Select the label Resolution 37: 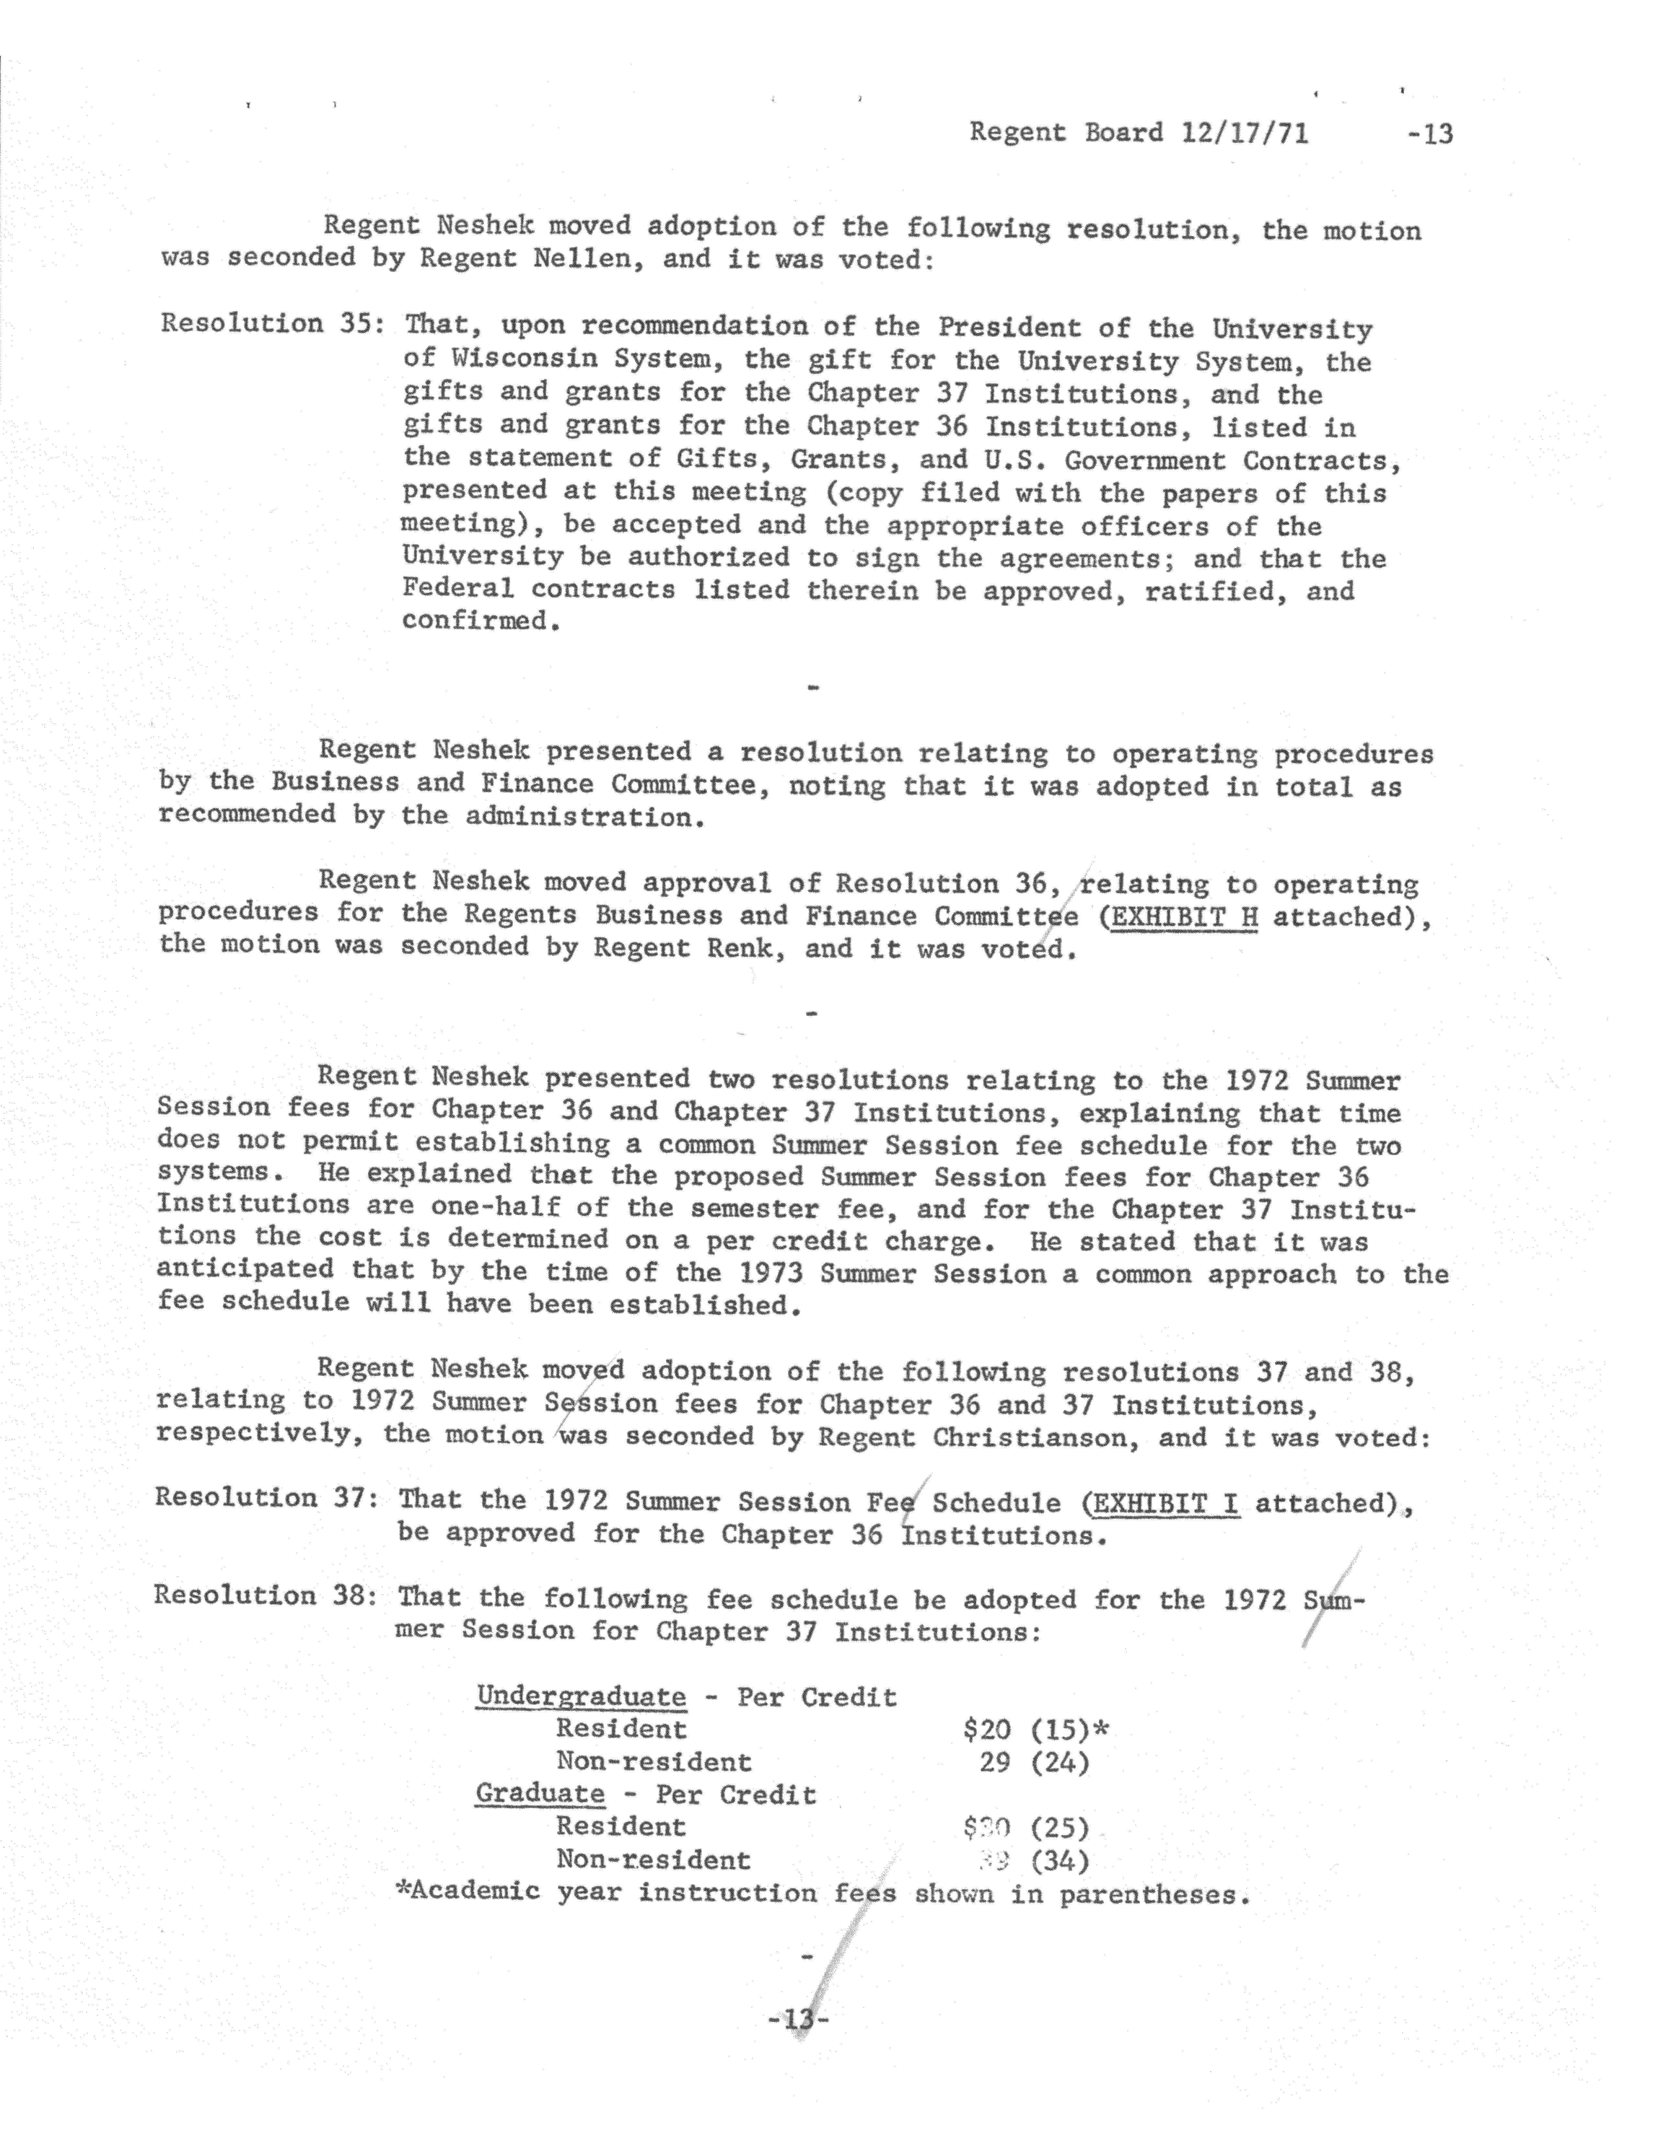pyautogui.click(x=259, y=1498)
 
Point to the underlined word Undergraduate pyautogui.click(x=581, y=1696)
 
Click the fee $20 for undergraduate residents pyautogui.click(x=986, y=1730)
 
